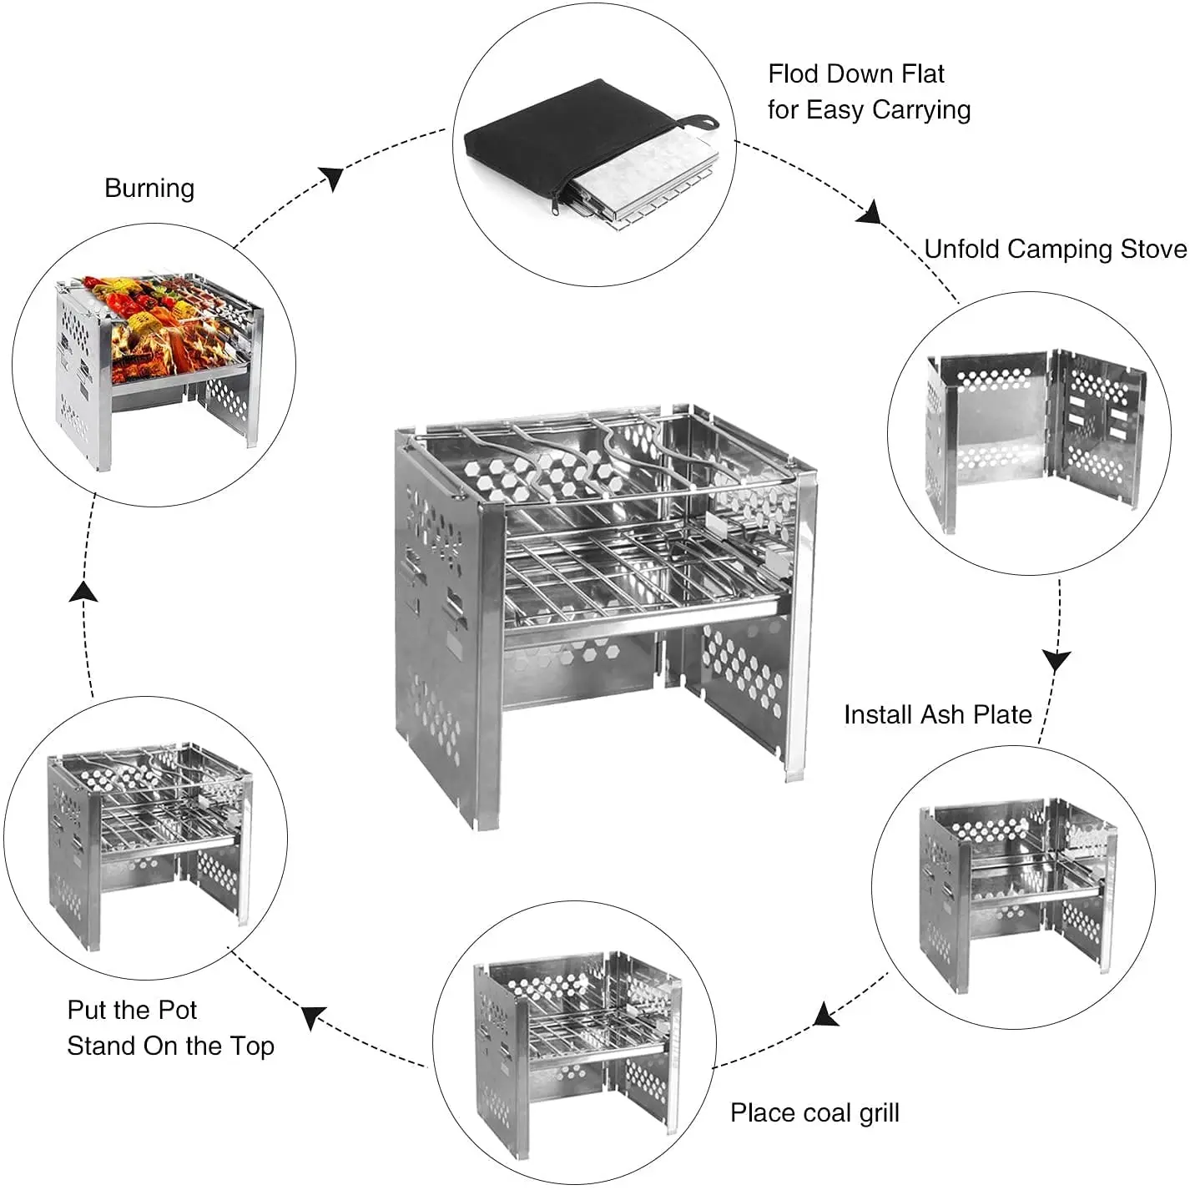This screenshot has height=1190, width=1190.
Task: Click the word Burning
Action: tap(149, 189)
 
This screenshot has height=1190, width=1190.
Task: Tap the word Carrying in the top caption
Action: tap(921, 110)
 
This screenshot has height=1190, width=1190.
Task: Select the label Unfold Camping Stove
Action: tap(1055, 250)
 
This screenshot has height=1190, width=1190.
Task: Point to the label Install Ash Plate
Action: tap(937, 715)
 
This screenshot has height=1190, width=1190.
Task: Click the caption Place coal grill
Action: tap(814, 1112)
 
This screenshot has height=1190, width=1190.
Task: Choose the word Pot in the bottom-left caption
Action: tap(177, 1011)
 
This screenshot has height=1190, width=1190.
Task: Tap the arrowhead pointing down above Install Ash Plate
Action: tap(1056, 660)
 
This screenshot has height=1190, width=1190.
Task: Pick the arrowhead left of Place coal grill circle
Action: tap(825, 1015)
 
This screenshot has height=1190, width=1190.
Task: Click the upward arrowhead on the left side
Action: tap(83, 592)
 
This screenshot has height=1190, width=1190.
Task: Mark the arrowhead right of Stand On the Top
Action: tap(313, 1017)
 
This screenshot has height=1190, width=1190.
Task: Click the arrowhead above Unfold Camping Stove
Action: tap(870, 212)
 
